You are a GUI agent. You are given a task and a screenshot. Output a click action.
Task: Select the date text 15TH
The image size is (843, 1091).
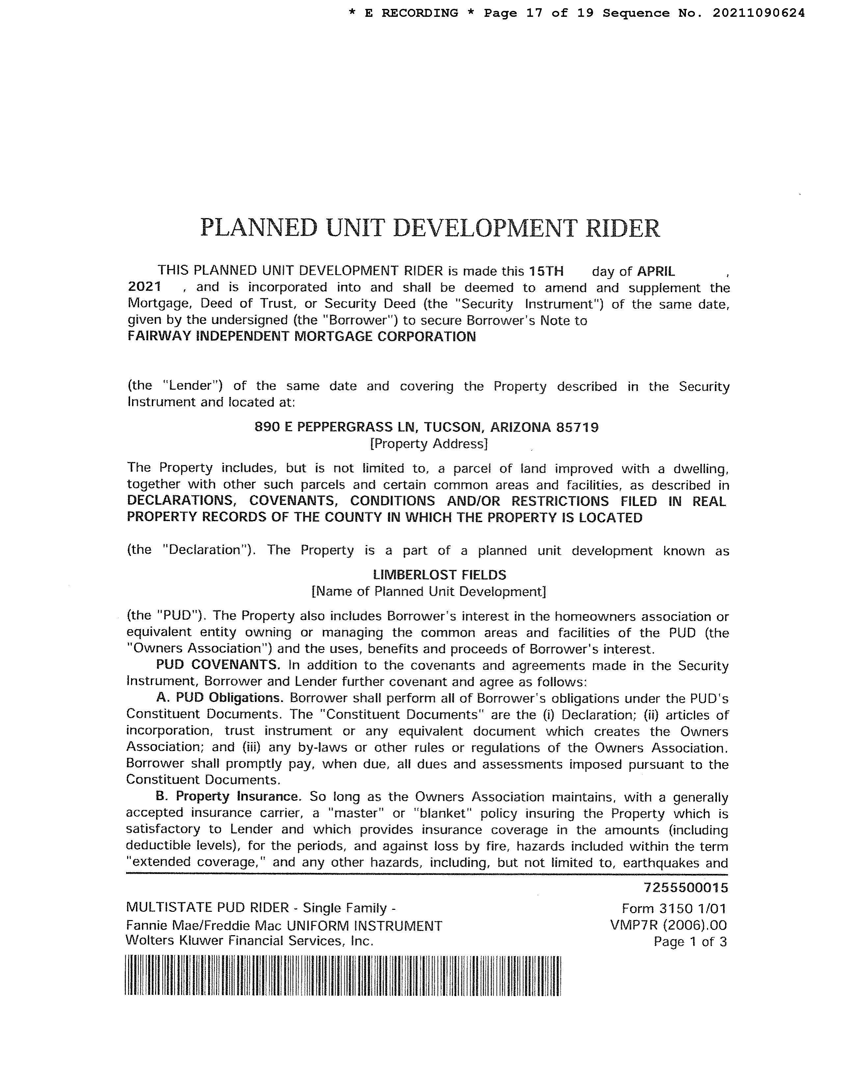(x=546, y=271)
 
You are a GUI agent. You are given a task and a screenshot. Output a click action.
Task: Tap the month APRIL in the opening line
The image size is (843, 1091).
(x=656, y=271)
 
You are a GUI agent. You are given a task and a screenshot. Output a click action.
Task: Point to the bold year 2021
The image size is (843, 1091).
(x=144, y=287)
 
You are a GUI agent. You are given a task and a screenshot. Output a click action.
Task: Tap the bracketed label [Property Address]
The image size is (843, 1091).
(x=428, y=444)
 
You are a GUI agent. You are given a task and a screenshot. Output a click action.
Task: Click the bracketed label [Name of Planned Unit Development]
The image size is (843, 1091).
(x=428, y=592)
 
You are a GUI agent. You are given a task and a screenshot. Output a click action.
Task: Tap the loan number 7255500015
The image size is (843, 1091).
(x=686, y=888)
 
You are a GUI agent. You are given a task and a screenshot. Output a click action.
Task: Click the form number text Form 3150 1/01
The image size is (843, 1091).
(x=674, y=908)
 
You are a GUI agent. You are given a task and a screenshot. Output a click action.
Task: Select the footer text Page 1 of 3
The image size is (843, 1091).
(x=690, y=942)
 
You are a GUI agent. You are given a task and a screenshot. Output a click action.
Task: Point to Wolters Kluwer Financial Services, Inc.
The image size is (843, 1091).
(x=250, y=941)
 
